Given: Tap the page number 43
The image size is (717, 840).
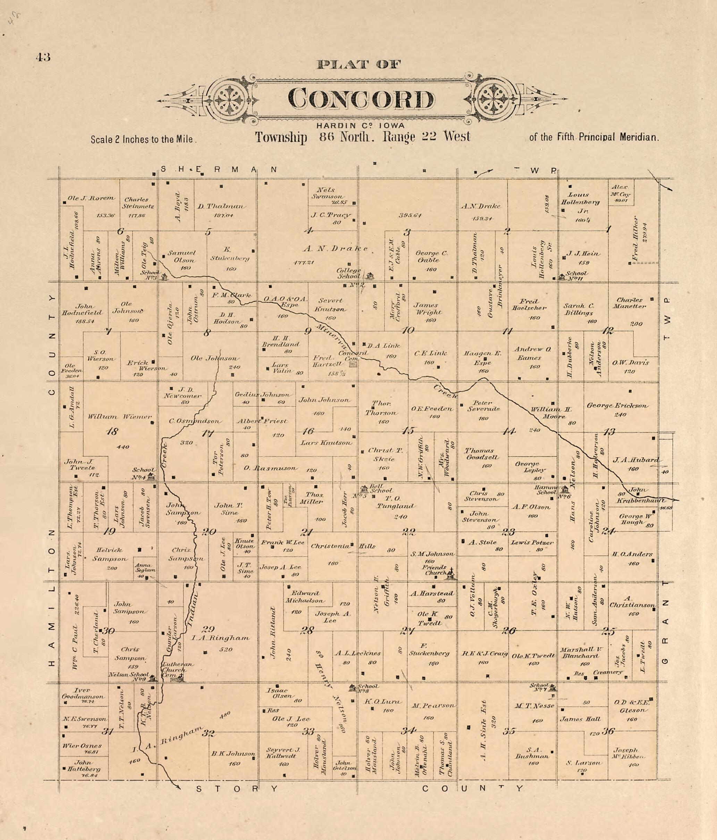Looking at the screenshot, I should coord(43,57).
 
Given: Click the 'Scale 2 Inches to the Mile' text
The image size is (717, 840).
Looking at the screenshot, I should coord(143,140).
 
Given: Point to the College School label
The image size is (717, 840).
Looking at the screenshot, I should coord(349,273).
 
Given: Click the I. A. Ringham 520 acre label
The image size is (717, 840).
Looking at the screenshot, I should coord(220,638).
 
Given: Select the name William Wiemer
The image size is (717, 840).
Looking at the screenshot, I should coord(120,416).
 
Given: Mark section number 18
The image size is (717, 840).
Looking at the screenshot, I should coord(112,431).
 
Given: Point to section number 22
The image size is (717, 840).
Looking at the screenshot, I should coord(408,532).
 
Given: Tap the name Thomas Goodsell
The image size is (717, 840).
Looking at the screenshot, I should coord(479,454).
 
